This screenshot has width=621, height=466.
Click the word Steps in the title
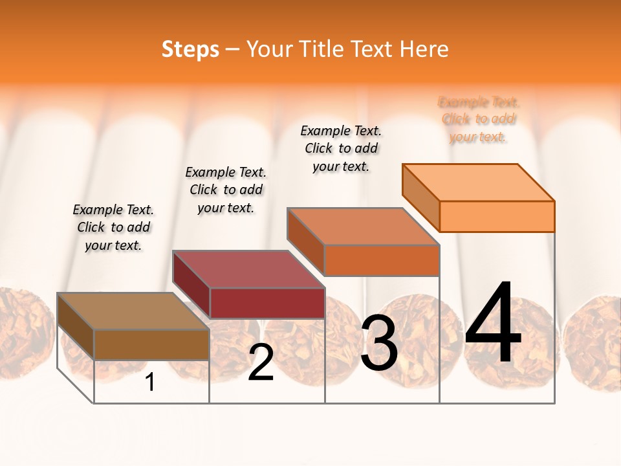coord(190,49)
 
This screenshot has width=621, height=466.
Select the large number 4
coord(493,323)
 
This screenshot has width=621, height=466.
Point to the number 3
coord(379,343)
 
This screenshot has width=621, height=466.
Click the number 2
coord(261,362)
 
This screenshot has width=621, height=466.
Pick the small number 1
coord(150,383)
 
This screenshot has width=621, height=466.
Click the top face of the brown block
coord(133,311)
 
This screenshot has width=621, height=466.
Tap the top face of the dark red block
coord(248,269)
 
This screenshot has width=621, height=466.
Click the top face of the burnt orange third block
coord(364,227)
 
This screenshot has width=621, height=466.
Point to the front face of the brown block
coord(151,344)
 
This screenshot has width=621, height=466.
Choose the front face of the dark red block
coord(267,303)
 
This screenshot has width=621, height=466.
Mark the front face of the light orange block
coord(497,216)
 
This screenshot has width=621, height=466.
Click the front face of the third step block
coord(382,260)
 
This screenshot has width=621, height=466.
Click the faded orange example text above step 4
coord(479,119)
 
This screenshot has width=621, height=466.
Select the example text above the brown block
coord(113,227)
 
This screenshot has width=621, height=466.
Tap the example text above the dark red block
coord(226,190)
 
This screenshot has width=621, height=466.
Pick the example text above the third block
coord(341,148)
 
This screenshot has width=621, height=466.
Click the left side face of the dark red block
coord(191,285)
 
